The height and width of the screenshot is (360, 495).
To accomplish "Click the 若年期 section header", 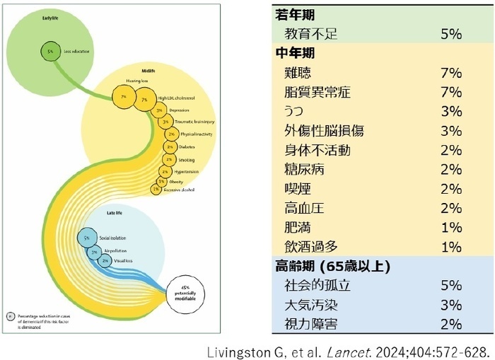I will [x=296, y=14].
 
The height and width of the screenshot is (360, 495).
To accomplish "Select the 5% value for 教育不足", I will [x=450, y=33].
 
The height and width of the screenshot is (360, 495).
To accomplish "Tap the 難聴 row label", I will [x=299, y=72].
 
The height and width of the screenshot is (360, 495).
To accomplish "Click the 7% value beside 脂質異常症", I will [x=450, y=92].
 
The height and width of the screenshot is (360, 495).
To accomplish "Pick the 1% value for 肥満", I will [x=450, y=228].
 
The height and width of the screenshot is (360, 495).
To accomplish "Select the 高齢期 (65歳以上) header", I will [x=332, y=267].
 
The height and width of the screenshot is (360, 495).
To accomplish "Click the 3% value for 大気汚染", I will [x=450, y=306].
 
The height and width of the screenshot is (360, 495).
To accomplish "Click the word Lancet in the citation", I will [x=379, y=350].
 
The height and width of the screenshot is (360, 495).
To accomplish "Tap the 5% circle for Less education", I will [x=50, y=51].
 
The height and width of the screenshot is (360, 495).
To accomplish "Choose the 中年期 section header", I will [x=296, y=53].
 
